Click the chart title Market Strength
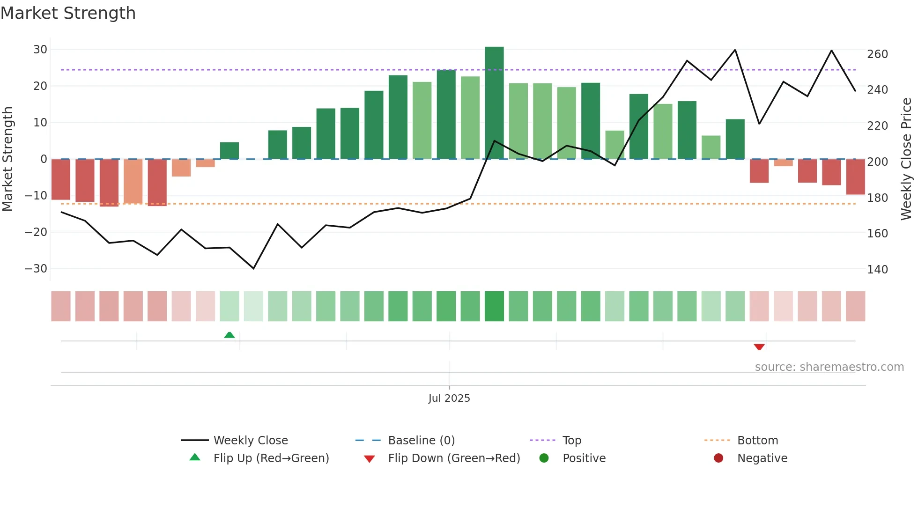pyautogui.click(x=68, y=13)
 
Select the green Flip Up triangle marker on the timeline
pyautogui.click(x=229, y=335)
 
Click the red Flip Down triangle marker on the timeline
pyautogui.click(x=759, y=347)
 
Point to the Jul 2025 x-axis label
pyautogui.click(x=449, y=398)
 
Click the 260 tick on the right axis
pyautogui.click(x=877, y=54)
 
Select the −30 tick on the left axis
pyautogui.click(x=36, y=269)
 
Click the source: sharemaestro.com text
pyautogui.click(x=829, y=367)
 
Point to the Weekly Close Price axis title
pyautogui.click(x=906, y=159)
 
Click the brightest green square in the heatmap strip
pyautogui.click(x=494, y=306)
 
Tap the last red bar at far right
pyautogui.click(x=855, y=177)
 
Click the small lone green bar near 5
pyautogui.click(x=229, y=150)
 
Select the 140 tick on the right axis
pyautogui.click(x=877, y=270)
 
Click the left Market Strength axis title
pyautogui.click(x=8, y=159)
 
